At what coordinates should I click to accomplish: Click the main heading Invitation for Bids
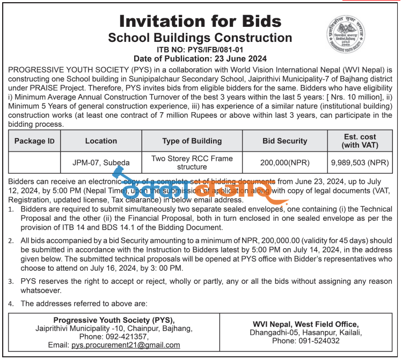tap(200, 21)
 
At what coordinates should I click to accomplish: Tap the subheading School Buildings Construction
tap(200, 38)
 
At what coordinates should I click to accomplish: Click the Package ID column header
tap(34, 141)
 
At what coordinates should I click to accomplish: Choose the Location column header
tap(101, 141)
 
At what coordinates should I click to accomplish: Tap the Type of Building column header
tap(192, 141)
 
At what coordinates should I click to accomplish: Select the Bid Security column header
tap(284, 141)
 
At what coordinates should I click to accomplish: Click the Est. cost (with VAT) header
tap(360, 141)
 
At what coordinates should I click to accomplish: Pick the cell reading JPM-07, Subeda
tap(101, 162)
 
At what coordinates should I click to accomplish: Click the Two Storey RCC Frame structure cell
tap(192, 162)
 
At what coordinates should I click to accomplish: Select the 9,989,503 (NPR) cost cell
tap(360, 162)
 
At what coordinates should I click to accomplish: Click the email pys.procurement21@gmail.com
tap(126, 345)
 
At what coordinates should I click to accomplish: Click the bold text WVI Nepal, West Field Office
tap(305, 324)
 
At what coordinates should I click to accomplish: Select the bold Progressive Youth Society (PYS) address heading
tap(114, 320)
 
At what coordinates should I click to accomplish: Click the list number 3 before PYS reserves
tap(11, 280)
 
